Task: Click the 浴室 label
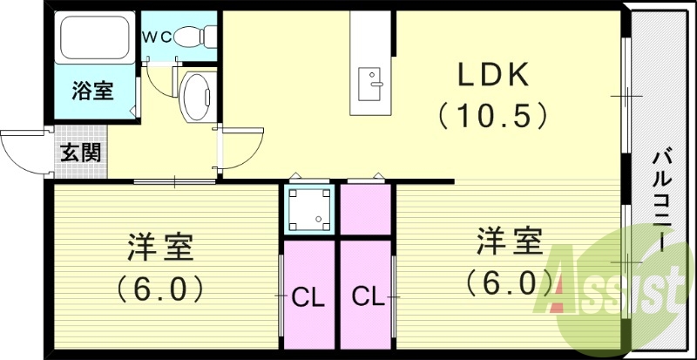(91, 92)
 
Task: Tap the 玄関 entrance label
(80, 153)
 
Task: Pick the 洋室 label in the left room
(161, 248)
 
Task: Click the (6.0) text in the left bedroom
(161, 287)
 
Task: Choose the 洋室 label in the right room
(509, 241)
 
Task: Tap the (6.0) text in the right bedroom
(509, 281)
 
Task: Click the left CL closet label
(308, 297)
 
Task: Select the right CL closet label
(368, 297)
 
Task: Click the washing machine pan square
(309, 208)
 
